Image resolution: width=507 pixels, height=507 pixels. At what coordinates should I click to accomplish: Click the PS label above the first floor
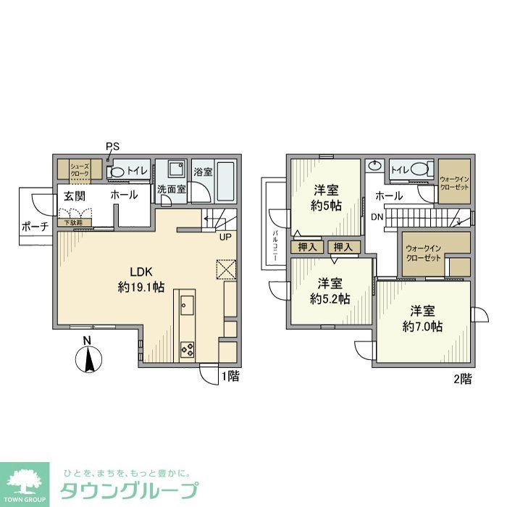(x=112, y=146)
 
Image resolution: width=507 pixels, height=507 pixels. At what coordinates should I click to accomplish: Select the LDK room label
(x=140, y=271)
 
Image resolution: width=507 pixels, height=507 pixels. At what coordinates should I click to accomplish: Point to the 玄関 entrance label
(x=74, y=196)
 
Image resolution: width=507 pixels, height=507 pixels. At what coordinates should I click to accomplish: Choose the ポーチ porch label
(x=34, y=226)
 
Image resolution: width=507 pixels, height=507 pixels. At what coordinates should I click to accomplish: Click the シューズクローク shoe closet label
(x=79, y=169)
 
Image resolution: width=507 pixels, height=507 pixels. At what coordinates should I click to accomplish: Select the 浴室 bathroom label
(x=203, y=172)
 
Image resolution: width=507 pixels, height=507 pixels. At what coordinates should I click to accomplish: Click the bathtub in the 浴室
(x=225, y=180)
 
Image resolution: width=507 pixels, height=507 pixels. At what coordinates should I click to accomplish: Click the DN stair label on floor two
(x=377, y=217)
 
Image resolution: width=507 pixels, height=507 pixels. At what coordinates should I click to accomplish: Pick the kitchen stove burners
(x=188, y=350)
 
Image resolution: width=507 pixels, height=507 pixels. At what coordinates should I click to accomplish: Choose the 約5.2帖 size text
(x=330, y=298)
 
